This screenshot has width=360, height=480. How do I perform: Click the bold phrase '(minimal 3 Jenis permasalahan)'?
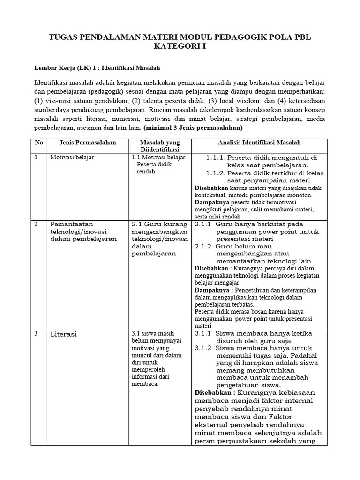pyautogui.click(x=193, y=127)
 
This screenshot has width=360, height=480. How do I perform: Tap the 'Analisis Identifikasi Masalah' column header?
pyautogui.click(x=259, y=142)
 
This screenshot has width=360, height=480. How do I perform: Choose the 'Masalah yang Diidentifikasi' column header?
pyautogui.click(x=160, y=146)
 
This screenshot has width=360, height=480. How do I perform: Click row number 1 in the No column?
pyautogui.click(x=36, y=157)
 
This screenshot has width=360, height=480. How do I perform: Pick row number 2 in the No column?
pyautogui.click(x=36, y=224)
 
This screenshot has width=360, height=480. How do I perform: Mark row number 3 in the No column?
pyautogui.click(x=36, y=334)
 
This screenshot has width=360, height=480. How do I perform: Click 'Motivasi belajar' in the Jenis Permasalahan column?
pyautogui.click(x=72, y=157)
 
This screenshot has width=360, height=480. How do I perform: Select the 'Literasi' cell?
pyautogui.click(x=63, y=334)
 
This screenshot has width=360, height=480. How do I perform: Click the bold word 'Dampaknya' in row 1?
pyautogui.click(x=210, y=202)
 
